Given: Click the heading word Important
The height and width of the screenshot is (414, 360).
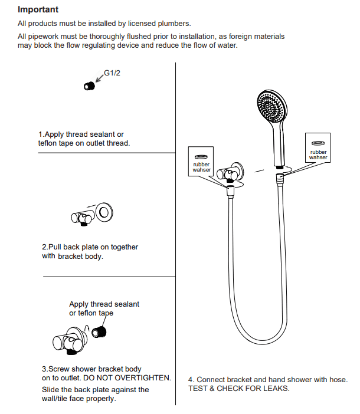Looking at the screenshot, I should tap(38, 10).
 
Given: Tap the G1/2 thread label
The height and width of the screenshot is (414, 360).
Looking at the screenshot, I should tap(112, 73).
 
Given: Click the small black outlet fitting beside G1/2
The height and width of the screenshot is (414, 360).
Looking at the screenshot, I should tap(89, 86).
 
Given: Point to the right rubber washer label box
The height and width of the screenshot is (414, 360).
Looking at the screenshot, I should tap(318, 147).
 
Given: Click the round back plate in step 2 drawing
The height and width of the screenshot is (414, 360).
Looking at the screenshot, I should tap(106, 211).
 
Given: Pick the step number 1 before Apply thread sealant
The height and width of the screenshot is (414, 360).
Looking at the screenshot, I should tap(41, 134).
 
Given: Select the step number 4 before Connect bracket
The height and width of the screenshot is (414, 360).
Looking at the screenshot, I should tap(191, 380).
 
